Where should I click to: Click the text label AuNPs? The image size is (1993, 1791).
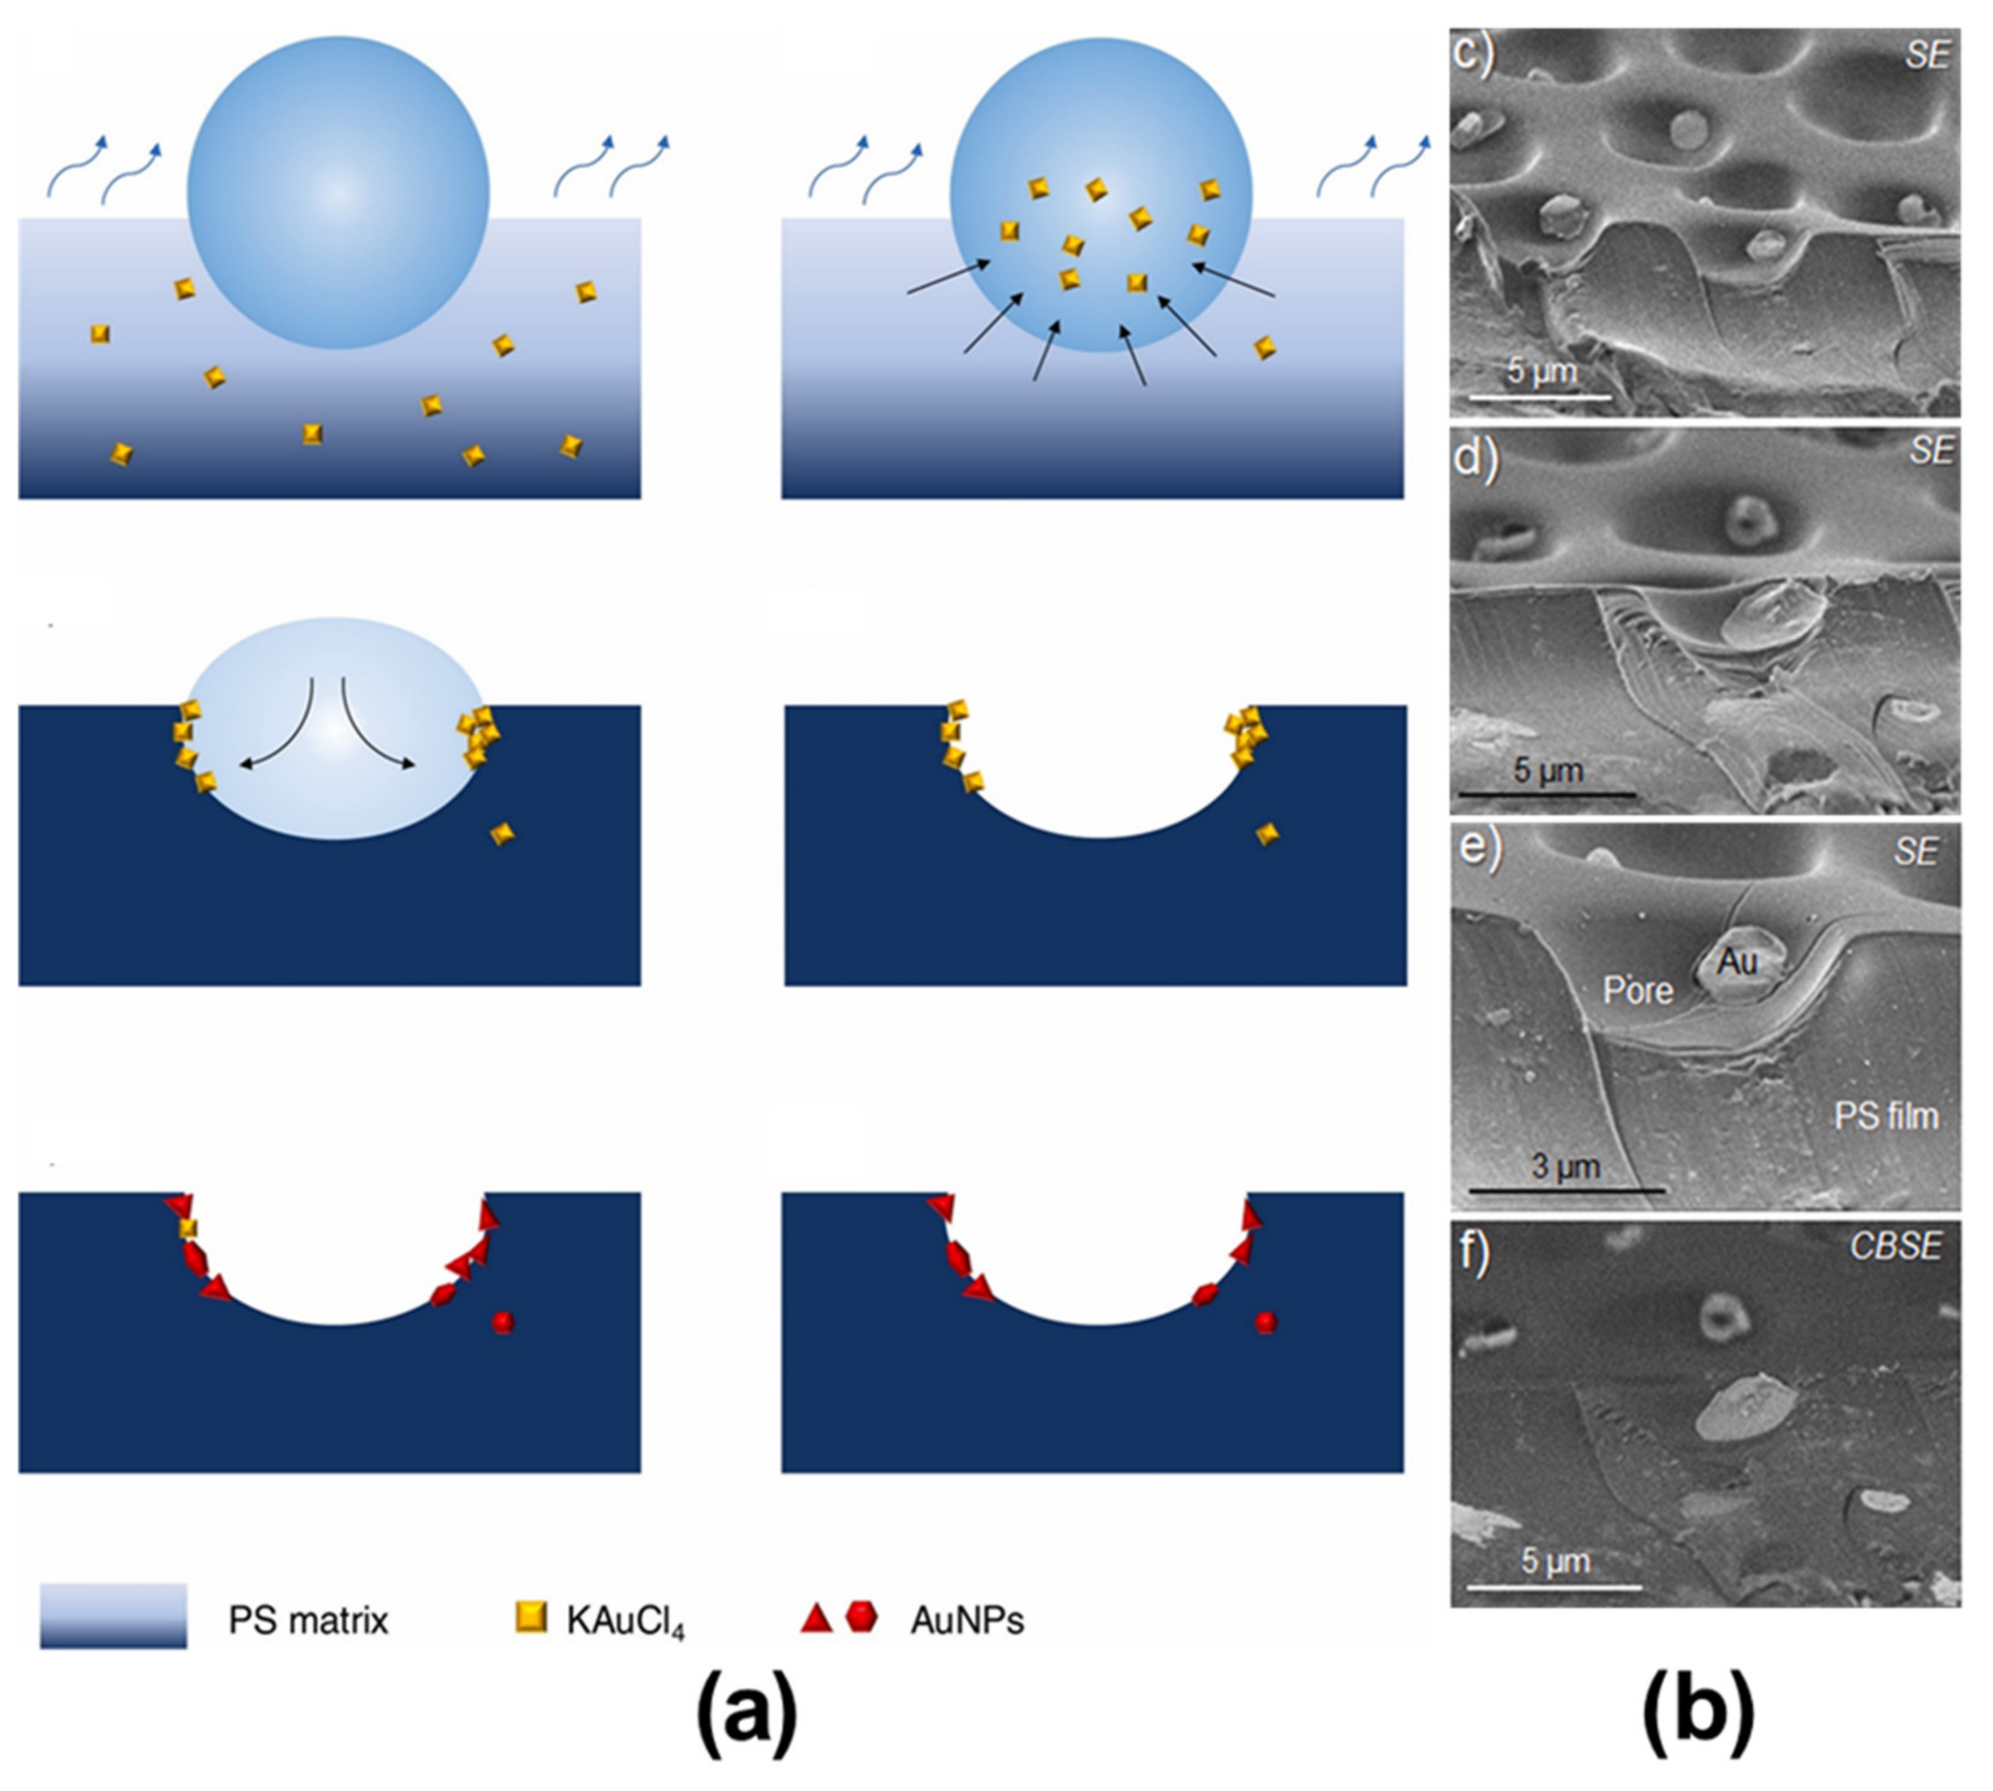pyautogui.click(x=966, y=1620)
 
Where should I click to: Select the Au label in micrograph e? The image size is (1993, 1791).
pyautogui.click(x=1737, y=962)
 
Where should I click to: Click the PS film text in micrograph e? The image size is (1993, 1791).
pyautogui.click(x=1886, y=1116)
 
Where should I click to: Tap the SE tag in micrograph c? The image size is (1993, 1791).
pyautogui.click(x=1926, y=56)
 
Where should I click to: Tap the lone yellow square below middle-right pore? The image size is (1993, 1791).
pyautogui.click(x=1268, y=834)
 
